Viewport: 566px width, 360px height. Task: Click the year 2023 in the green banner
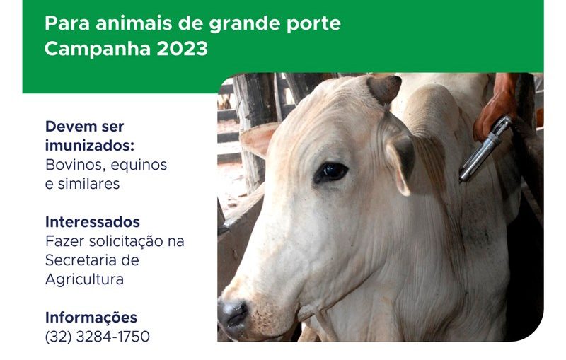[183, 48]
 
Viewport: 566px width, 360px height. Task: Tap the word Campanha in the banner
[98, 49]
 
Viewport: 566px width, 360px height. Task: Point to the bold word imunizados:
[90, 146]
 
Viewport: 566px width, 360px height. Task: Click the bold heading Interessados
[93, 222]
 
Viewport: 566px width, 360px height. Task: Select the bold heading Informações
[91, 318]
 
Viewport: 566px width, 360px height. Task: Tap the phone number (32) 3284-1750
[98, 337]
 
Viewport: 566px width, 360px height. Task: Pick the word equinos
[139, 166]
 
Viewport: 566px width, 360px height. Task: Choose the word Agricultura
[84, 279]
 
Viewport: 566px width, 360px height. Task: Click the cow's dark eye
[331, 172]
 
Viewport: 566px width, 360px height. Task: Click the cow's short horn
[385, 88]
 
